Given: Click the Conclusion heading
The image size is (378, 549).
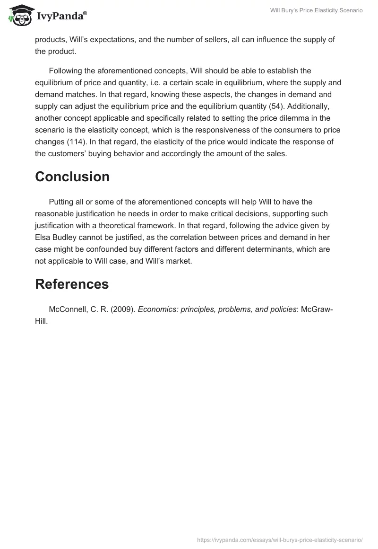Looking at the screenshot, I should [72, 177].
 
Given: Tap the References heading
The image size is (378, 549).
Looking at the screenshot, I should [72, 284].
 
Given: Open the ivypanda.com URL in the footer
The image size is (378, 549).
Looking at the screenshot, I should [280, 540].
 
